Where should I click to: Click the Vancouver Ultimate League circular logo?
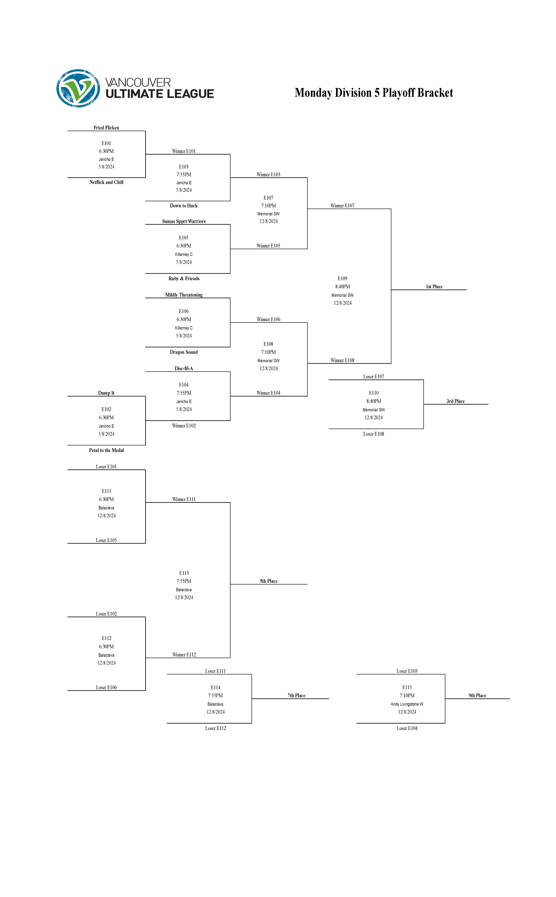78,88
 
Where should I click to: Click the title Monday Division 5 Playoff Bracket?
374,93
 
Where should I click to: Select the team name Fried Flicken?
106,127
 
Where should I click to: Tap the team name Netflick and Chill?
106,182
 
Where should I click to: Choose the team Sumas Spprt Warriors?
184,221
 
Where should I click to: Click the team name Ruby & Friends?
184,278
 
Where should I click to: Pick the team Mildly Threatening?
184,295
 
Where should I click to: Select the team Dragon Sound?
184,352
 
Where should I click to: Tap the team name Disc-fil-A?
184,368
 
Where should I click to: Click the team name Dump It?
106,393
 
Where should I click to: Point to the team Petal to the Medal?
106,450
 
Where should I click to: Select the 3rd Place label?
456,401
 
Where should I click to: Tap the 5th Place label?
269,581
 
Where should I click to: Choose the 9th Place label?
477,695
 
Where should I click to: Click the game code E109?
342,278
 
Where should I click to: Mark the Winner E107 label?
342,206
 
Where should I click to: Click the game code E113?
184,573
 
